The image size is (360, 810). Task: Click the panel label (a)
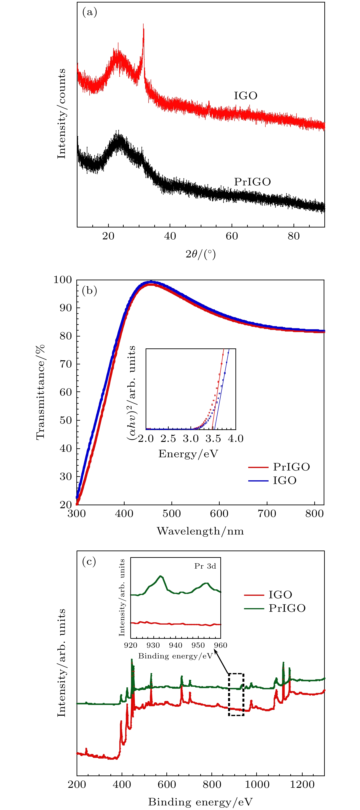pos(89,12)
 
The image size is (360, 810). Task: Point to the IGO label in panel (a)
pos(245,96)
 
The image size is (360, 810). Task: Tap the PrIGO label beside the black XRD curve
pos(252,182)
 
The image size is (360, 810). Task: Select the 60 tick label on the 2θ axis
pos(232,236)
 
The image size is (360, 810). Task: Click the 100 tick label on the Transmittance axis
pos(63,280)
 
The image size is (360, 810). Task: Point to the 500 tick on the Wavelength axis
pos(172,513)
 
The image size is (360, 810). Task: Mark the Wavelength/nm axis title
pos(200,531)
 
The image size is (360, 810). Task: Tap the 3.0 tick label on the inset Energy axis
pos(191,439)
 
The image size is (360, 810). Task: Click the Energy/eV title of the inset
pos(188,454)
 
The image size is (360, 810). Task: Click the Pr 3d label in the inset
pos(205,566)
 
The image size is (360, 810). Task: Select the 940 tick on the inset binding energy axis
pos(176,645)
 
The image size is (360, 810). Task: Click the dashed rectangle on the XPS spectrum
pos(236,694)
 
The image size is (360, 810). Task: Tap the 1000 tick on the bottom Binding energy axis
pos(257,785)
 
